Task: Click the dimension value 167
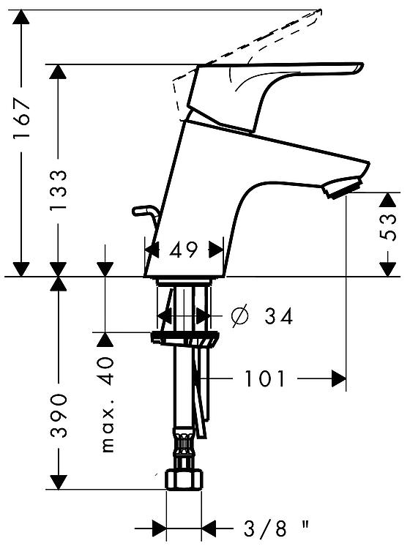(x=21, y=119)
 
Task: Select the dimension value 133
(x=58, y=190)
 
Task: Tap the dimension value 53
(x=387, y=227)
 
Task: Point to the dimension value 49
(x=184, y=250)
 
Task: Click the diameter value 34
(x=278, y=316)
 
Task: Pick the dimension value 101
(x=264, y=378)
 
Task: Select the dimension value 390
(x=58, y=416)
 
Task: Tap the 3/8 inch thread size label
(x=276, y=529)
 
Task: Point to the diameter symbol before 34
(x=240, y=315)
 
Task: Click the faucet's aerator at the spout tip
(x=342, y=187)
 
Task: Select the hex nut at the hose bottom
(x=184, y=480)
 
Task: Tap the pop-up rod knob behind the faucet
(x=143, y=210)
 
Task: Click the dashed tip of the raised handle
(x=318, y=12)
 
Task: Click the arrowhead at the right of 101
(x=338, y=378)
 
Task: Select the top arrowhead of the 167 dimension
(x=21, y=18)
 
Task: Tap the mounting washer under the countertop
(x=185, y=339)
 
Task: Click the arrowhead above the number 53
(x=387, y=200)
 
